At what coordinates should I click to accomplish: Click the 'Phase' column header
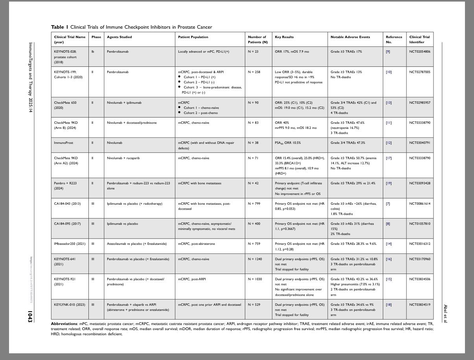point(96,37)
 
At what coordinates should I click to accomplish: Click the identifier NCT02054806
point(419,51)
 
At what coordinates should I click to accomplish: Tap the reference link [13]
point(388,103)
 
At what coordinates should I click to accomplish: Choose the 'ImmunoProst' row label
point(63,143)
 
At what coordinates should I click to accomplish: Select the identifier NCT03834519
point(419,305)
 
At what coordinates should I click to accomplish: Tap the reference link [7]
point(388,204)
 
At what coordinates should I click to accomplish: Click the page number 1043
point(30,317)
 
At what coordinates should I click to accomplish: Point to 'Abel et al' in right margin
point(445,314)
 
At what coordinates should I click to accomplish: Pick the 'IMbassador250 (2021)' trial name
point(70,244)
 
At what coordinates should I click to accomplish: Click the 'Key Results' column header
point(284,37)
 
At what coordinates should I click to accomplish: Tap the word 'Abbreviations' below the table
point(64,323)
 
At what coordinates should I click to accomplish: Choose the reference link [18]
point(388,305)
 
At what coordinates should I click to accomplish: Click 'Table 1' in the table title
point(59,27)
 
